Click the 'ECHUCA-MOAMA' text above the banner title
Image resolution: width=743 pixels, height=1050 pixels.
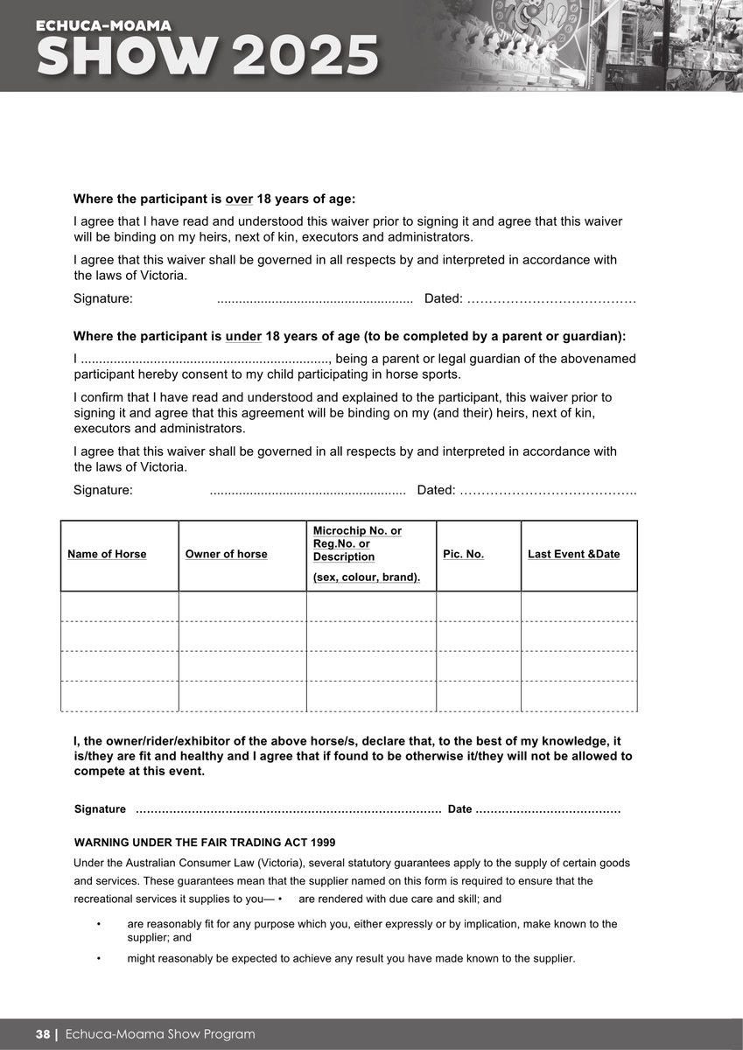tap(103, 26)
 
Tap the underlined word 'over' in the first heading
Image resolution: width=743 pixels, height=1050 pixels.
tap(239, 199)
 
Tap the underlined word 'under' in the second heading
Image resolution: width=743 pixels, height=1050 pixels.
tap(243, 336)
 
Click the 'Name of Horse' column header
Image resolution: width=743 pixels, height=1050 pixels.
tap(107, 554)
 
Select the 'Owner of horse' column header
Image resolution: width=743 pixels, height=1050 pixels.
tap(226, 554)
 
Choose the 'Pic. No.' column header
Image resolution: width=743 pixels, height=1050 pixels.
tap(463, 554)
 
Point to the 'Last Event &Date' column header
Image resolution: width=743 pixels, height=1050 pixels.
tap(573, 554)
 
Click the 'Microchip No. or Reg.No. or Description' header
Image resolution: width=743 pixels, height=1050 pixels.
tap(357, 544)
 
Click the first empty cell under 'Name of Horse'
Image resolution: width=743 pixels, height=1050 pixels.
tap(119, 606)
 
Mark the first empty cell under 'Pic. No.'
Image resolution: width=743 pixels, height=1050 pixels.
tap(478, 606)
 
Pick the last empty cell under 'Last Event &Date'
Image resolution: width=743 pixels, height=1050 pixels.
tap(578, 696)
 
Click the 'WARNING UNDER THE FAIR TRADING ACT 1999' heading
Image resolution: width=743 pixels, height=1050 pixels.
tap(205, 843)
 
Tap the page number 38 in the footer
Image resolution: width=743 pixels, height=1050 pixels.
tap(43, 1034)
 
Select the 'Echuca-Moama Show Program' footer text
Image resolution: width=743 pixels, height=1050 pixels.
tap(160, 1034)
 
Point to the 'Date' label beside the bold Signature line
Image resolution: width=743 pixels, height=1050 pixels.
tap(459, 809)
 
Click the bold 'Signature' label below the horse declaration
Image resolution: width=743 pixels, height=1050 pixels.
tap(100, 809)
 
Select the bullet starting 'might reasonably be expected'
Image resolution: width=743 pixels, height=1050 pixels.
tap(351, 958)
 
